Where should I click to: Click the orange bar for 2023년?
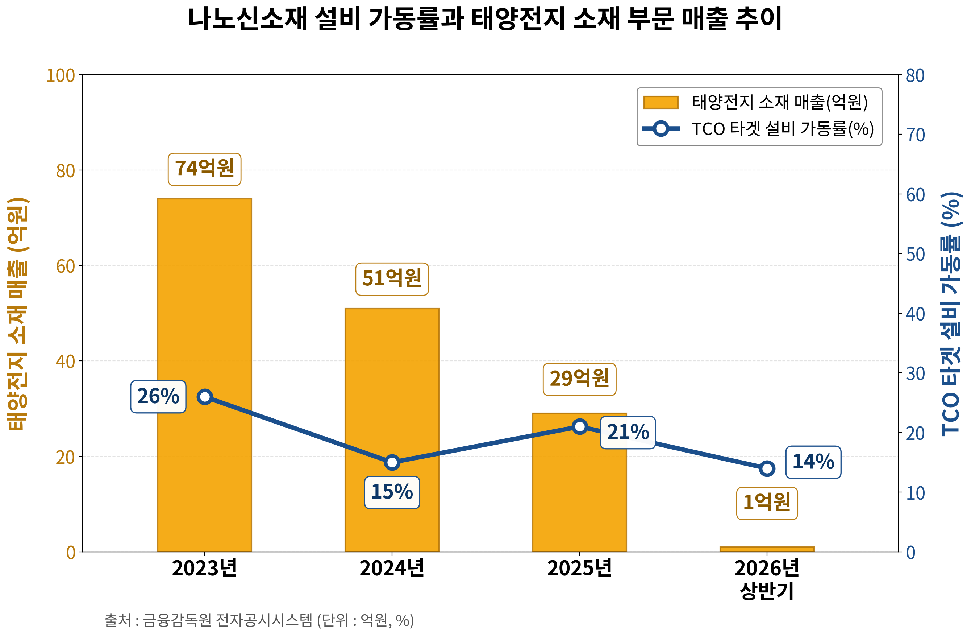204,375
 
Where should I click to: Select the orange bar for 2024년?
392,430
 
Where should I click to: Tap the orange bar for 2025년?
579,483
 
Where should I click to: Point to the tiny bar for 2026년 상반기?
767,549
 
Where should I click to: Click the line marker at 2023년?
204,397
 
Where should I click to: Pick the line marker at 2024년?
392,463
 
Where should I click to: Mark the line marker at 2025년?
579,426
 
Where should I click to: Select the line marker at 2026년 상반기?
767,468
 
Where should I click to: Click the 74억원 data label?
204,169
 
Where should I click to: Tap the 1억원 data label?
767,503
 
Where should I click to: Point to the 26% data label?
158,397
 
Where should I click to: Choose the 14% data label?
813,462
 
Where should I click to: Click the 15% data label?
392,492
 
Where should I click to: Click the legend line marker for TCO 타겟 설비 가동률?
660,129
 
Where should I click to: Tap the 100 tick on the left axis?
61,75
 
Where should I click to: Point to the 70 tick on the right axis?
915,135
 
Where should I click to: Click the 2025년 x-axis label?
579,568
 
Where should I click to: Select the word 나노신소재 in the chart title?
247,19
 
